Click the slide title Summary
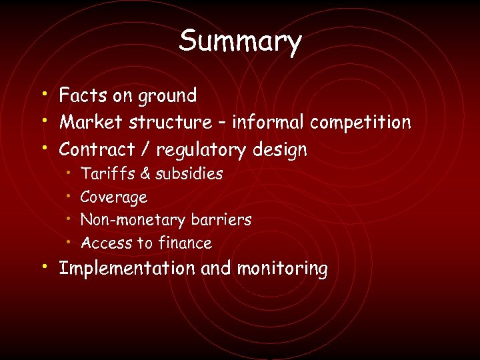pos(240,41)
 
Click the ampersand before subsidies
pos(145,174)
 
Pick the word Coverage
pos(113,198)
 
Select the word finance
pos(185,243)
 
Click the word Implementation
pos(127,269)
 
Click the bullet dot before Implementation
pos(43,267)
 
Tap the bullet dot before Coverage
pos(70,196)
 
